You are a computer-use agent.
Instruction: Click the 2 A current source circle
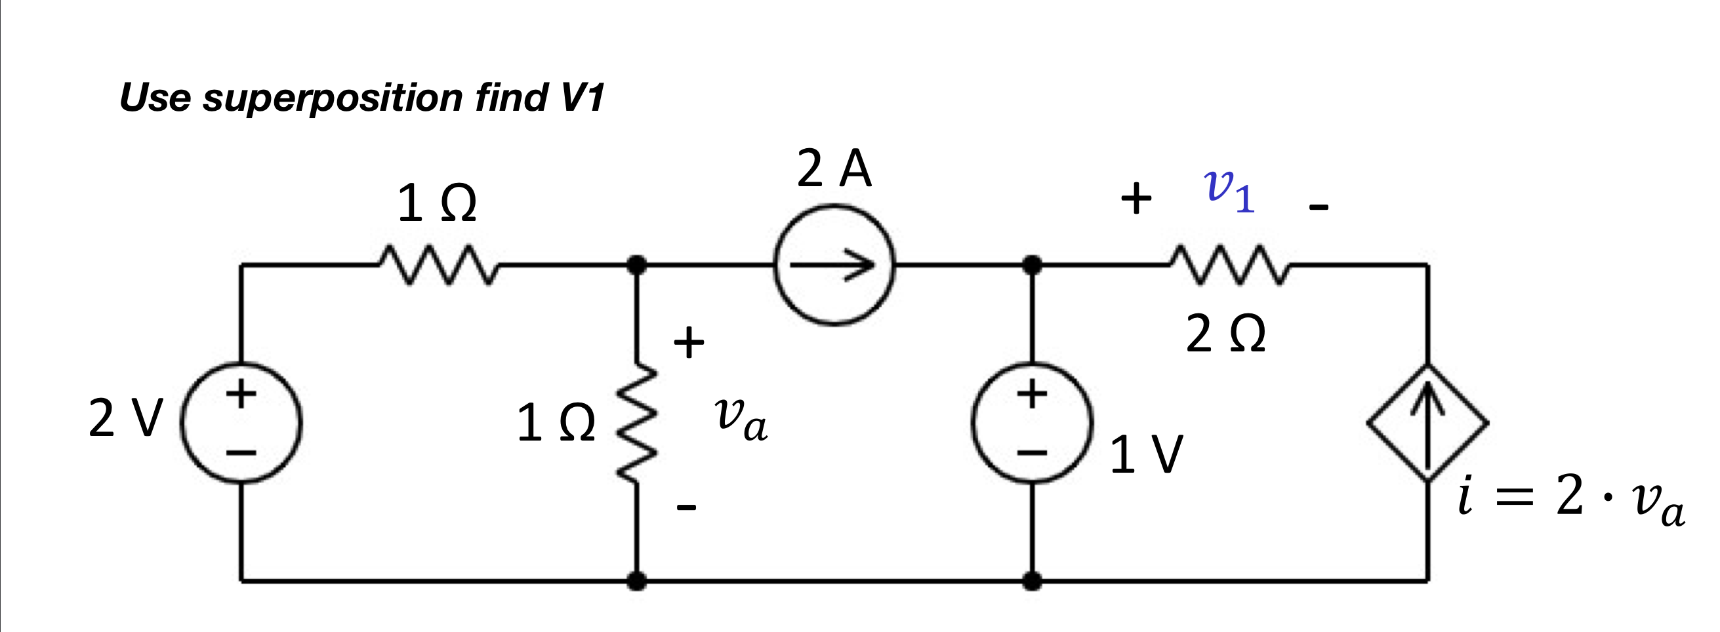pos(834,265)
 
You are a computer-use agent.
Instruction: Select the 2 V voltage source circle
pos(241,422)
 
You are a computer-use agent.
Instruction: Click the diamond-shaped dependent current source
pos(1427,422)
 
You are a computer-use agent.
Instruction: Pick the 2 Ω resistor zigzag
pos(1229,266)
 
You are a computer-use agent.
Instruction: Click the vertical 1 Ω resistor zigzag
pos(638,422)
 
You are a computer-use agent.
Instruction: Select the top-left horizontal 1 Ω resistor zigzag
pos(438,266)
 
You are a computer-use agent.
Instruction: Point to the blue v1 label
pos(1229,191)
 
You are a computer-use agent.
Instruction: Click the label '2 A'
pos(834,168)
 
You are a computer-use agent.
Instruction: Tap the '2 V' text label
pos(125,419)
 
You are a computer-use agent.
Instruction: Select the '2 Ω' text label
pos(1226,334)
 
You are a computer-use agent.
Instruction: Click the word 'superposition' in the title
pos(333,98)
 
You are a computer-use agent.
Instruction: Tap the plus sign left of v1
pos(1136,199)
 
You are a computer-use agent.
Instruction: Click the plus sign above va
pos(688,342)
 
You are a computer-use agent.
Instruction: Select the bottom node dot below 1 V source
pos(1033,582)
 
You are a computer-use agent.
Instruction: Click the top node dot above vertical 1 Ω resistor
pos(638,265)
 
